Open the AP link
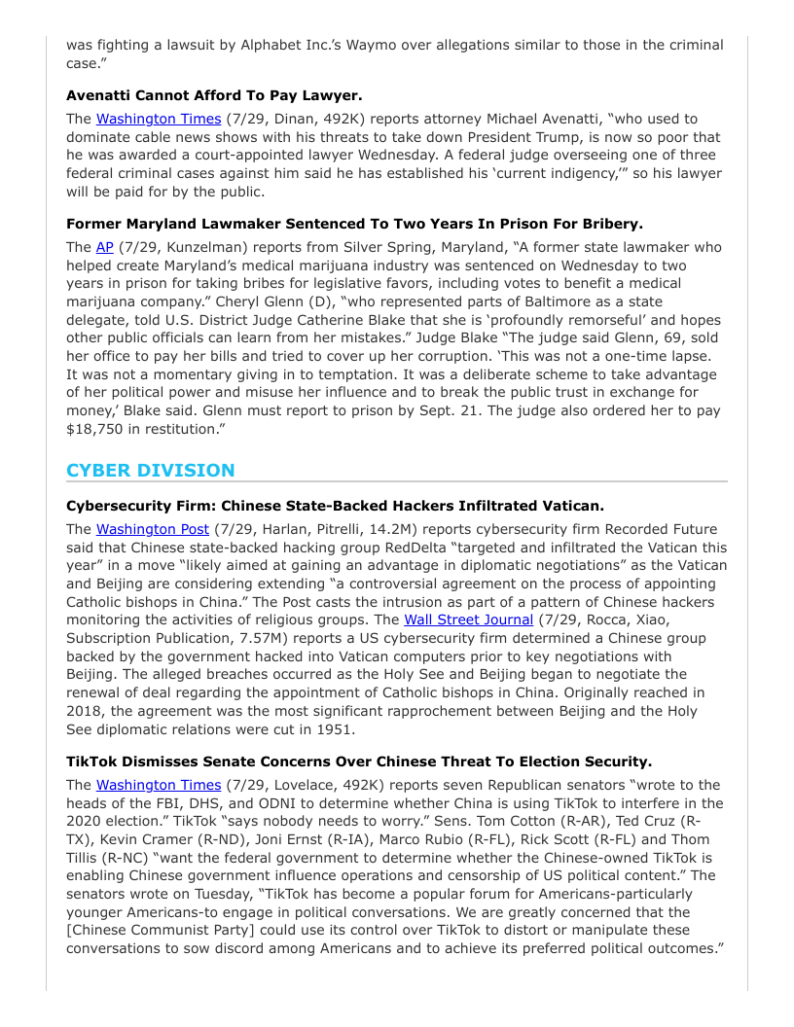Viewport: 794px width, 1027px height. (105, 247)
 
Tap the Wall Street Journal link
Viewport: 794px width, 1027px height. (468, 619)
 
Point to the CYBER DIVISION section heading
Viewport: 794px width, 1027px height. (151, 470)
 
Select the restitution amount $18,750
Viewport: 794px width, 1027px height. (95, 429)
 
